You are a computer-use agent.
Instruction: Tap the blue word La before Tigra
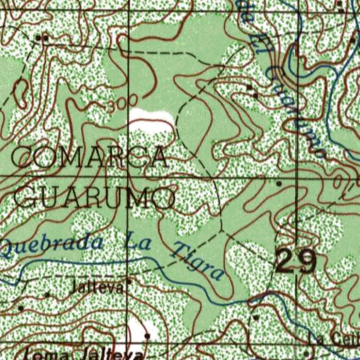click(138, 241)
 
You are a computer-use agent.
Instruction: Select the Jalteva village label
click(97, 288)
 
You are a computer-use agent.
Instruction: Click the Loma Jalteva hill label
click(84, 354)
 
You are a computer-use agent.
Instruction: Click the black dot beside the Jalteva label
click(129, 282)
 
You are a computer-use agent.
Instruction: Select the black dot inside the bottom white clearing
click(147, 336)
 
